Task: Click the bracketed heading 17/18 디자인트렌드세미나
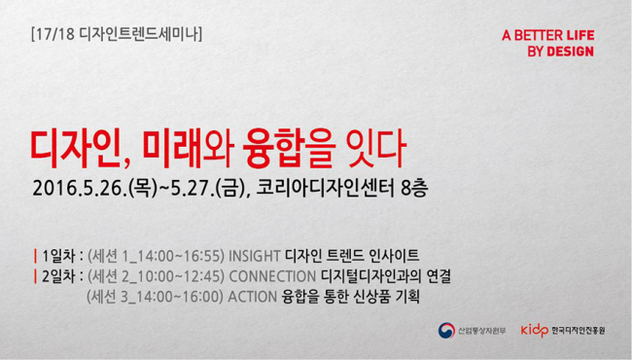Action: point(117,35)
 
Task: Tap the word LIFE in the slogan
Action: point(580,35)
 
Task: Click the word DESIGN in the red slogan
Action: point(570,52)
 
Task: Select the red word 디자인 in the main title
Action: point(76,149)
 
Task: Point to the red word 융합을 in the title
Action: point(289,149)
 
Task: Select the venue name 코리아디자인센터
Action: point(325,188)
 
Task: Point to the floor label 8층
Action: point(414,188)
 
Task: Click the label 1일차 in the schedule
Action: point(58,256)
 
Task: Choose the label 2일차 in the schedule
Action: point(58,276)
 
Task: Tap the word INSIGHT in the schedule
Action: point(255,256)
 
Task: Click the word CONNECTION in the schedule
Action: point(272,276)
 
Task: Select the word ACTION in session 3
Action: point(253,297)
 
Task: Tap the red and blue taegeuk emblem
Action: point(446,331)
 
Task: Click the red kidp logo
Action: point(535,331)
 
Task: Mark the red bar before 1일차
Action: point(35,256)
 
